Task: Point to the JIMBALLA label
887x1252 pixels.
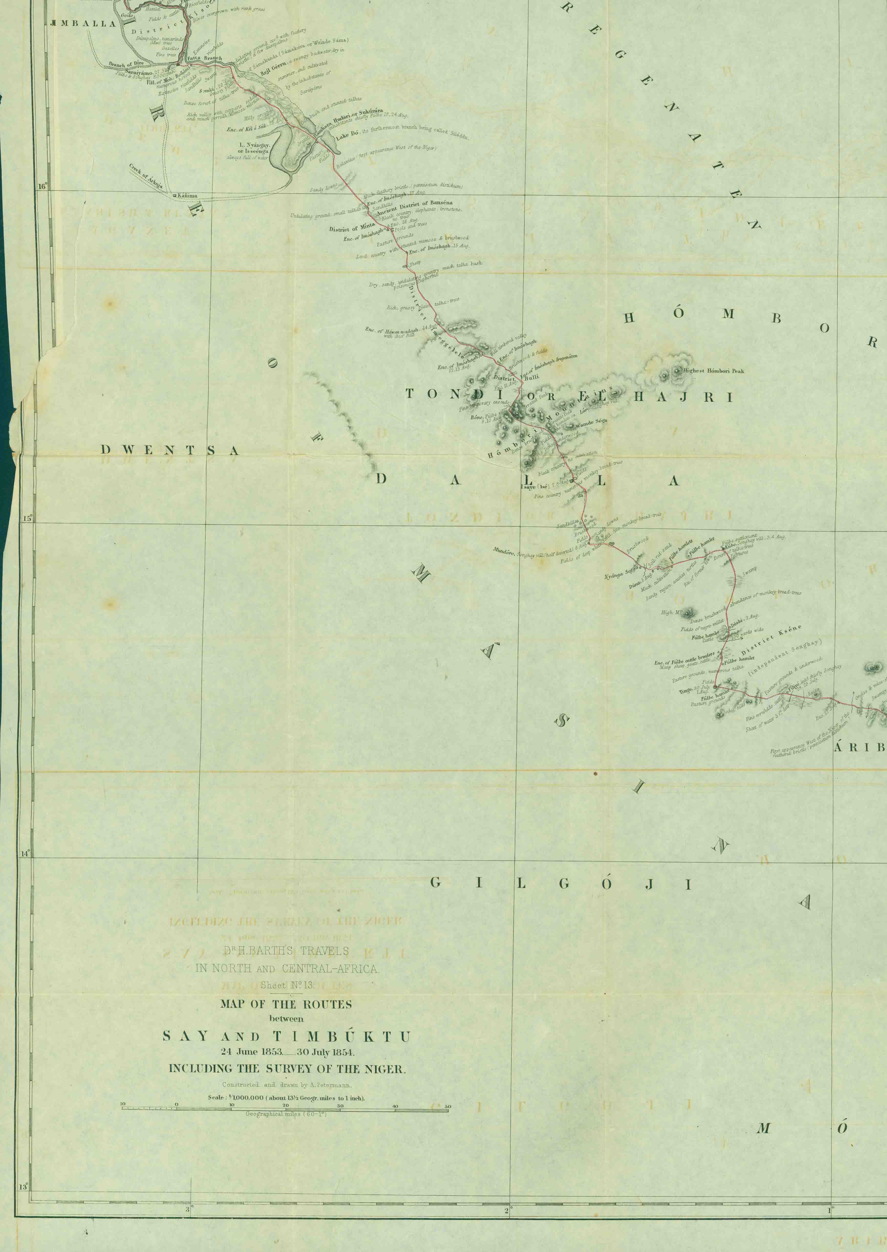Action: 83,24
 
